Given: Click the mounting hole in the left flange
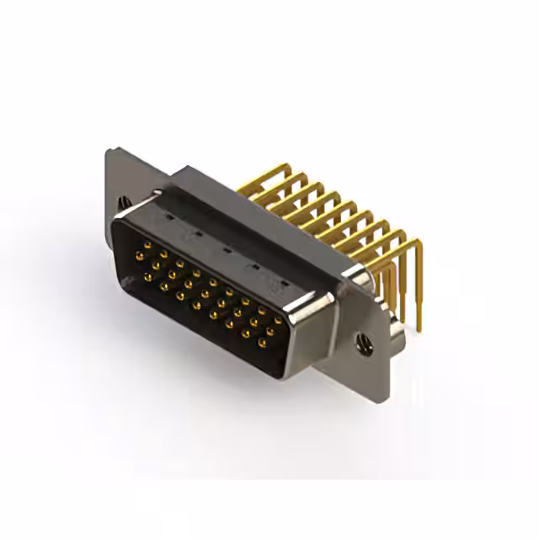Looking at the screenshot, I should (x=125, y=203).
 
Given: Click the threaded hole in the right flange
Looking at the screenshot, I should (x=365, y=341).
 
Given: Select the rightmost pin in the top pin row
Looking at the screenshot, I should (x=278, y=320).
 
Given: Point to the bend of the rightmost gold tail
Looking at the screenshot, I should (x=413, y=245).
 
